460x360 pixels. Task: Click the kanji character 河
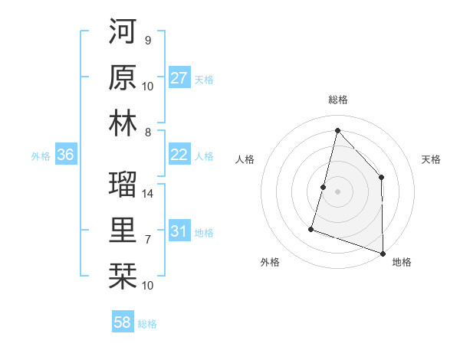coord(123,33)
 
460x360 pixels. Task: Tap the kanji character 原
coord(123,77)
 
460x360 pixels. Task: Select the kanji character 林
coord(123,124)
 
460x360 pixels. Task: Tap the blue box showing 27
coord(179,78)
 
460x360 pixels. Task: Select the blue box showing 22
coord(179,155)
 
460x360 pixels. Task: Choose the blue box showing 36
coord(65,155)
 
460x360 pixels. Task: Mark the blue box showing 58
coord(123,322)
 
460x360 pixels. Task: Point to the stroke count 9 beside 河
coord(147,40)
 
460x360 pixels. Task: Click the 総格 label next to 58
coord(147,323)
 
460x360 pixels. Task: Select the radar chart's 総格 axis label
coord(337,100)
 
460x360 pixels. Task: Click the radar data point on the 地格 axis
coord(383,252)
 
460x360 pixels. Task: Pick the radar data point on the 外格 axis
coord(311,228)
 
